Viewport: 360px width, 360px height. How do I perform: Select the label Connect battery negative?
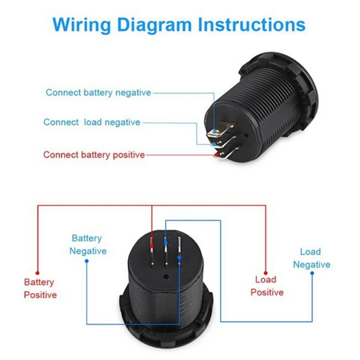point(98,93)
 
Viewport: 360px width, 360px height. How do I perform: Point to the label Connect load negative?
point(92,122)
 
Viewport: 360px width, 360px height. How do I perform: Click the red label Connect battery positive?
point(94,155)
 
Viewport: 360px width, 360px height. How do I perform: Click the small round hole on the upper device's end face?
point(245,135)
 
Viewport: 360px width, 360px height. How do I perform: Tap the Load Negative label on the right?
point(311,258)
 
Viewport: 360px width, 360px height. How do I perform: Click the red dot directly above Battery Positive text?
point(38,272)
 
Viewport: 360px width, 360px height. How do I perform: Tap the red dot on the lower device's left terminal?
point(152,247)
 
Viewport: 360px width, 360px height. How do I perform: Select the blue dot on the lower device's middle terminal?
point(166,243)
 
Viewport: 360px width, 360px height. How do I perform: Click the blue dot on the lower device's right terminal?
point(180,256)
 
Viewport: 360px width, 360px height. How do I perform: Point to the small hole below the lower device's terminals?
point(166,278)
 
